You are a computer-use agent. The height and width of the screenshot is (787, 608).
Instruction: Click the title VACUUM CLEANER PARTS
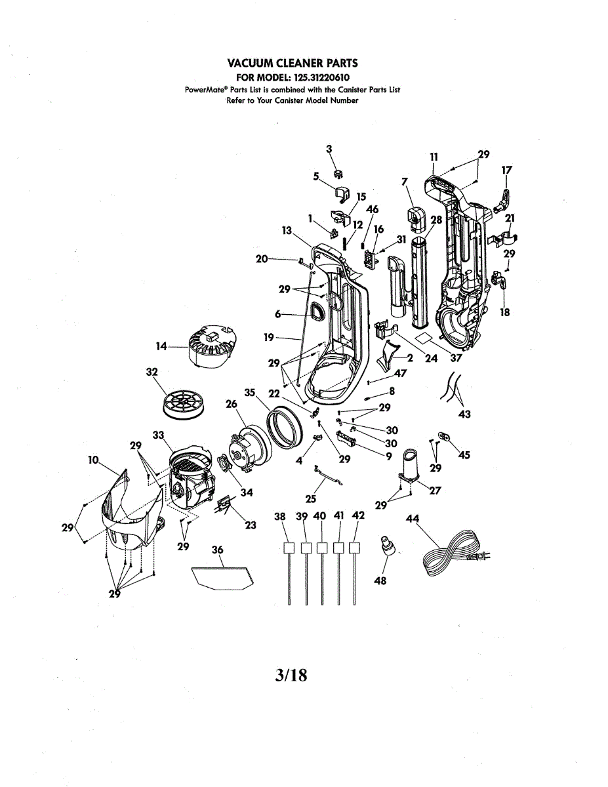[293, 63]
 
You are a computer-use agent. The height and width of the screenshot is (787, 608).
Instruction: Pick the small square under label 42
[355, 548]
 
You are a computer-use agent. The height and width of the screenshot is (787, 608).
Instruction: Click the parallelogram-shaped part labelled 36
[222, 576]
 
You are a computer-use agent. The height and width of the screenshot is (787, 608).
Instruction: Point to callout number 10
[93, 460]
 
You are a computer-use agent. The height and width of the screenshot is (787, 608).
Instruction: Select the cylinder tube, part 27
[409, 463]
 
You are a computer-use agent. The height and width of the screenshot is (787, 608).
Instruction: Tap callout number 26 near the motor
[231, 405]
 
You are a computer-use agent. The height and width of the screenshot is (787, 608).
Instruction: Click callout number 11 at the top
[434, 157]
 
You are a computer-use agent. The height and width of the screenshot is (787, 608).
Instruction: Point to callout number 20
[262, 258]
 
